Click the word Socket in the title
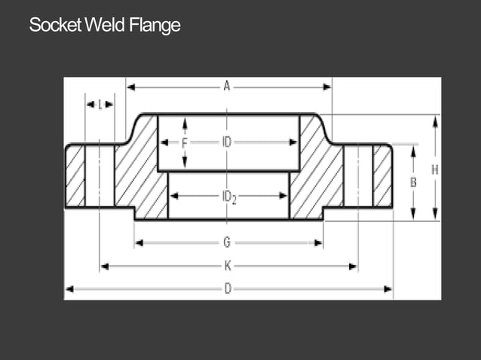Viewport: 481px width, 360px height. pos(55,26)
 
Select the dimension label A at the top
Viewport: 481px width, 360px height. pos(226,87)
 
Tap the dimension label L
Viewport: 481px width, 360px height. pos(100,105)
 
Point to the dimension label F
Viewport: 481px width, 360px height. pos(184,142)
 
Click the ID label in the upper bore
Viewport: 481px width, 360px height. pos(227,142)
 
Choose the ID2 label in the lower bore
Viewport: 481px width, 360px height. pos(229,197)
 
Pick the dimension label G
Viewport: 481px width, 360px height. pos(227,243)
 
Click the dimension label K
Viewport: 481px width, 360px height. pos(228,266)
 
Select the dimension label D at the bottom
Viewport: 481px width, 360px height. pos(228,288)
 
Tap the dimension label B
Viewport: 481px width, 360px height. pos(413,182)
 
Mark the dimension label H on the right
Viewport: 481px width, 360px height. pos(435,170)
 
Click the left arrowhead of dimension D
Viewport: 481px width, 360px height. pos(70,288)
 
